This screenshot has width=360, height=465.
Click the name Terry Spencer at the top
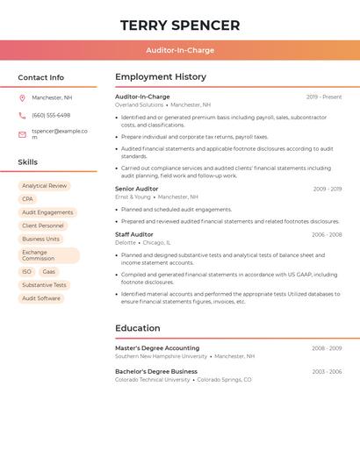[180, 25]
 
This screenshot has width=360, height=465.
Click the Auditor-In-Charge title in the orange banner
[180, 50]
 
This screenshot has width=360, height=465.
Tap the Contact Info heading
[40, 77]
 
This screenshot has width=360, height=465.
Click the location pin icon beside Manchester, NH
[22, 97]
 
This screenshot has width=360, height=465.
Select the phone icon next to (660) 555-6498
[22, 116]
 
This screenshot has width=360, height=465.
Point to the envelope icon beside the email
[22, 134]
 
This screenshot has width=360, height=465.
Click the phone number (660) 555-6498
[51, 116]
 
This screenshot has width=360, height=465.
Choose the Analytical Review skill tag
[44, 186]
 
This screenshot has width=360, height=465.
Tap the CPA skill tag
[27, 199]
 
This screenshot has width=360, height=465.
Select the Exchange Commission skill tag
[48, 255]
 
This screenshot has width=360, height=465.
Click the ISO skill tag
[26, 272]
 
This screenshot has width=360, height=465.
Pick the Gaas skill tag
[48, 272]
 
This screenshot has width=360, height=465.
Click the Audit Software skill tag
[41, 298]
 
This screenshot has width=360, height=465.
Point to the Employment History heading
[161, 77]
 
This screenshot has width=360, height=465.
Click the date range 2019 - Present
[324, 97]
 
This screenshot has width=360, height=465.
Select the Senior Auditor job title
[137, 189]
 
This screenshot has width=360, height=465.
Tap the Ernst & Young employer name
[133, 197]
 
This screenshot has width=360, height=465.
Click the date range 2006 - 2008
[326, 234]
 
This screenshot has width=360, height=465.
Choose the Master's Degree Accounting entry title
[157, 348]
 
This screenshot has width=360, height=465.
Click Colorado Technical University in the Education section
[152, 380]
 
